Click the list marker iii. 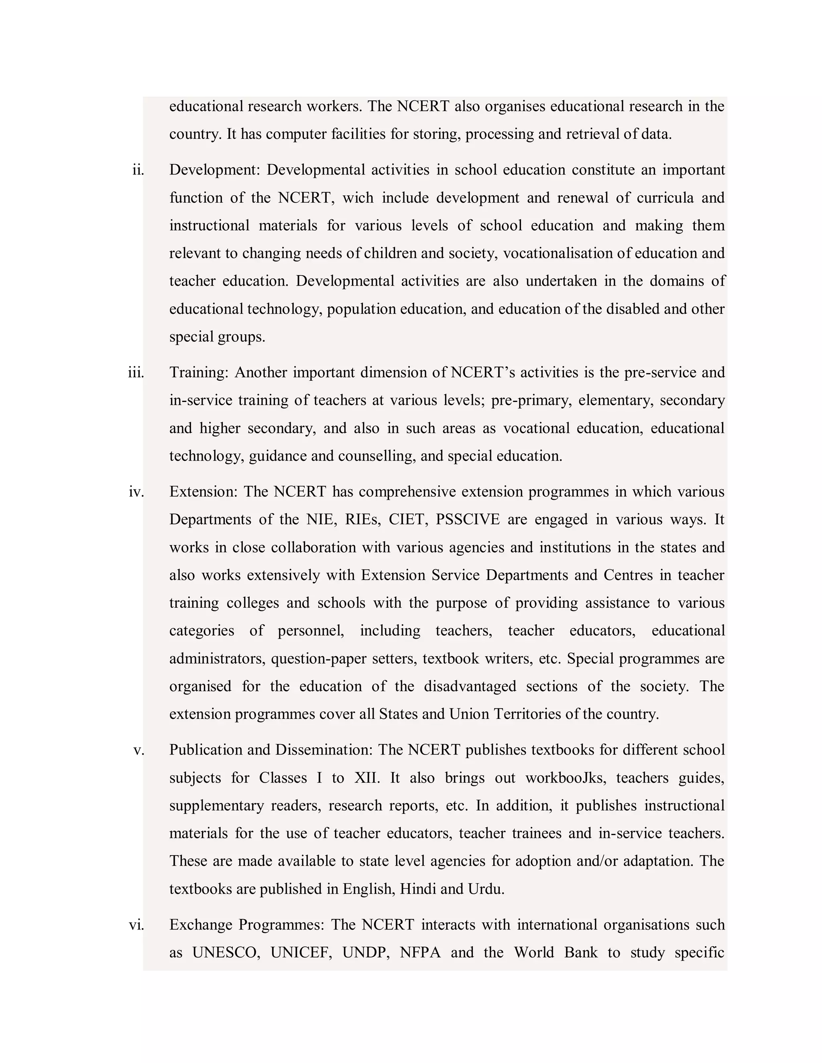136,373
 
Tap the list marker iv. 136,492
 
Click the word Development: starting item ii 215,170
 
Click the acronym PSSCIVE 468,520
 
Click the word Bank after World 580,953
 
